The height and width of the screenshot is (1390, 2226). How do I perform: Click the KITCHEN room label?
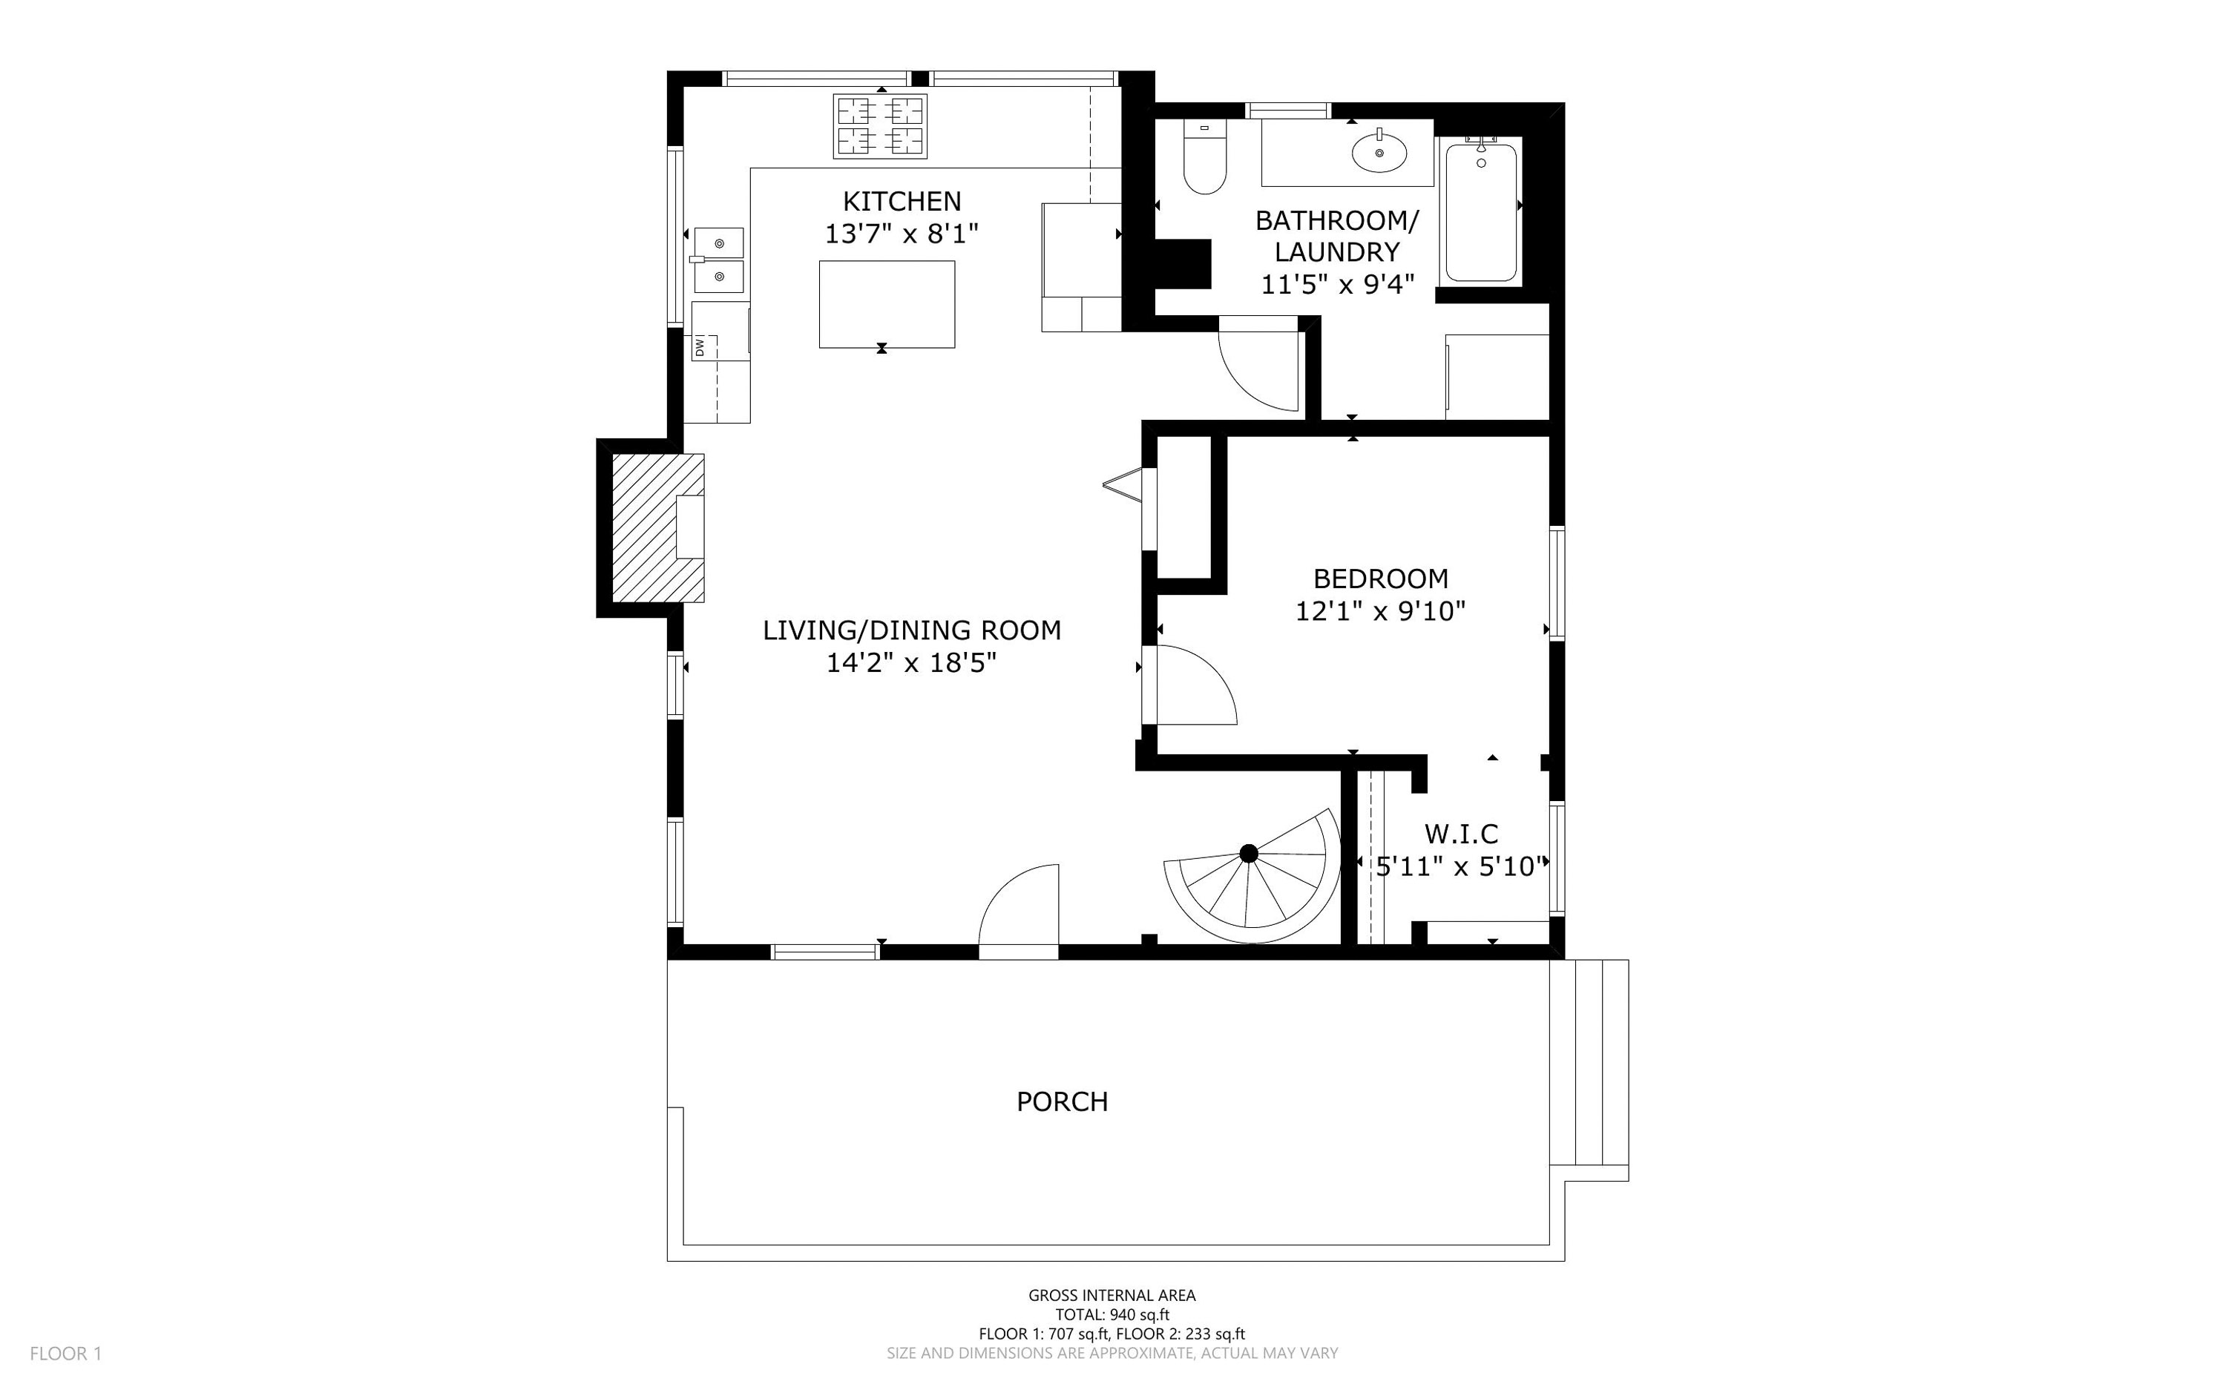(902, 200)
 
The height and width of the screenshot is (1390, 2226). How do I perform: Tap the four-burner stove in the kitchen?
(880, 126)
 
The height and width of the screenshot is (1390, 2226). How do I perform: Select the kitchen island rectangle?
(887, 304)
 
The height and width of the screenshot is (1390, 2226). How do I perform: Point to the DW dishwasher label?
(700, 347)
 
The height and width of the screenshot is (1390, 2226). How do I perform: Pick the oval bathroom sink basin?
(1379, 153)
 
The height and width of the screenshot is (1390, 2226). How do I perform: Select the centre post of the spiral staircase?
(1248, 854)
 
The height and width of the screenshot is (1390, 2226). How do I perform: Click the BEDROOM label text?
(1380, 579)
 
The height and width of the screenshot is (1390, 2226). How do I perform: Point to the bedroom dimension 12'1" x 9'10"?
(1380, 611)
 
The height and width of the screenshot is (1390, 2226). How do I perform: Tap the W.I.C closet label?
(1461, 834)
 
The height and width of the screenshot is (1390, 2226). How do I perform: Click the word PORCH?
(1062, 1101)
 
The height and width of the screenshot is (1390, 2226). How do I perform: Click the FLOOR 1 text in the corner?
(65, 1353)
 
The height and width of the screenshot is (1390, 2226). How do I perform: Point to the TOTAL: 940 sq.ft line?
(1112, 1314)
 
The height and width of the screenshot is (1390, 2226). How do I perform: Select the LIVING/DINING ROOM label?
(911, 630)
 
